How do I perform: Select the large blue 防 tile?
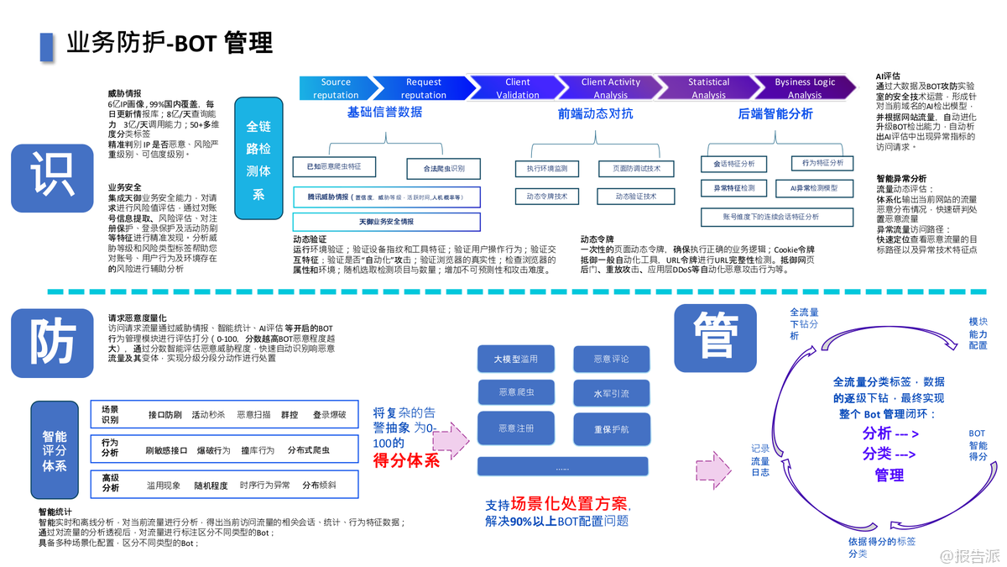pyautogui.click(x=52, y=344)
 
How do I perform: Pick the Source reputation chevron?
pyautogui.click(x=336, y=88)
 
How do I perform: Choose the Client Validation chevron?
pyautogui.click(x=517, y=88)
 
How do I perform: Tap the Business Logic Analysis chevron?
pyautogui.click(x=804, y=88)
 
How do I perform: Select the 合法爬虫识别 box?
pyautogui.click(x=443, y=169)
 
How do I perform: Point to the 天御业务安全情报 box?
pyautogui.click(x=386, y=222)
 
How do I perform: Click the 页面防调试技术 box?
pyautogui.click(x=630, y=169)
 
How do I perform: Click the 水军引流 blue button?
pyautogui.click(x=611, y=393)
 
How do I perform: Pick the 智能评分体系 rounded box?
pyautogui.click(x=55, y=451)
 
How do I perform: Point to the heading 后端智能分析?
pyautogui.click(x=775, y=114)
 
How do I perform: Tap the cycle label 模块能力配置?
pyautogui.click(x=978, y=333)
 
